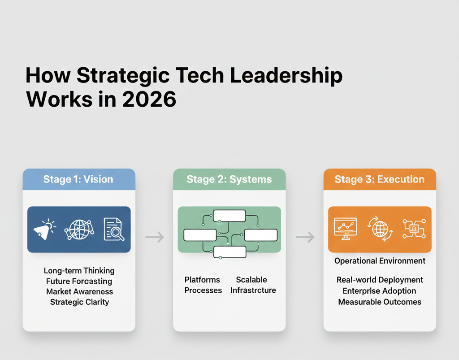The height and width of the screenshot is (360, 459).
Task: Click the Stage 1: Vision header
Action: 78,179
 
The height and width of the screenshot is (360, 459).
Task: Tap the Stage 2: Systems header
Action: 229,179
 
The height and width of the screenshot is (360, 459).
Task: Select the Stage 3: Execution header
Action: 380,179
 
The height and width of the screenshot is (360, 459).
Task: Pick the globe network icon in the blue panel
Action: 79,230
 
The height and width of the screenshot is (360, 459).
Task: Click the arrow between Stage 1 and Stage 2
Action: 155,237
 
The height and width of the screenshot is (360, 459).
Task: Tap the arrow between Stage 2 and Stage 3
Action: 305,237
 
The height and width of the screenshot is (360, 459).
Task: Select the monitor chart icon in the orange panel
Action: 346,228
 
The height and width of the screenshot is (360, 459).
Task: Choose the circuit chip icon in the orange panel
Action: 414,229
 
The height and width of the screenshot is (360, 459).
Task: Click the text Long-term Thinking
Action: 79,271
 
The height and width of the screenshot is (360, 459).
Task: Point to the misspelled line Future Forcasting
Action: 79,281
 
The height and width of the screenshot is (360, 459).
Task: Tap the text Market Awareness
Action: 79,291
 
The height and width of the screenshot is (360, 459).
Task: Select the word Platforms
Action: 202,280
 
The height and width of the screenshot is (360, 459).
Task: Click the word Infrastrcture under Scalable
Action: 253,290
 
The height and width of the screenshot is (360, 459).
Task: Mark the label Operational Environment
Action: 380,261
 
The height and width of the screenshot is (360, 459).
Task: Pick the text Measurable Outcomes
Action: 380,302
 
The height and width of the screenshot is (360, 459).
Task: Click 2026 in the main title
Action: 149,99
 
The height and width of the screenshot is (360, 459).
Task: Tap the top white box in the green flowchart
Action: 229,216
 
